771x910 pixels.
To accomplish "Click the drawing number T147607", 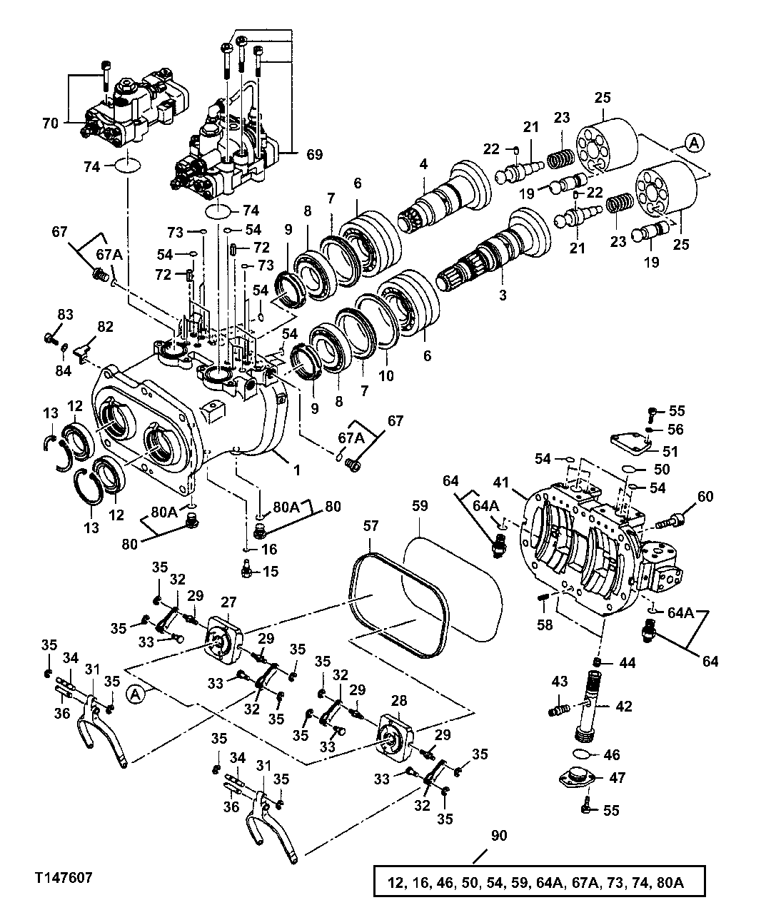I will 61,875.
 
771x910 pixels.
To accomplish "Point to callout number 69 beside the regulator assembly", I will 314,154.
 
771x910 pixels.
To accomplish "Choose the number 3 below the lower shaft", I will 502,295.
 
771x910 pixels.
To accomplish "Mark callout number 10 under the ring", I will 385,375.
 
